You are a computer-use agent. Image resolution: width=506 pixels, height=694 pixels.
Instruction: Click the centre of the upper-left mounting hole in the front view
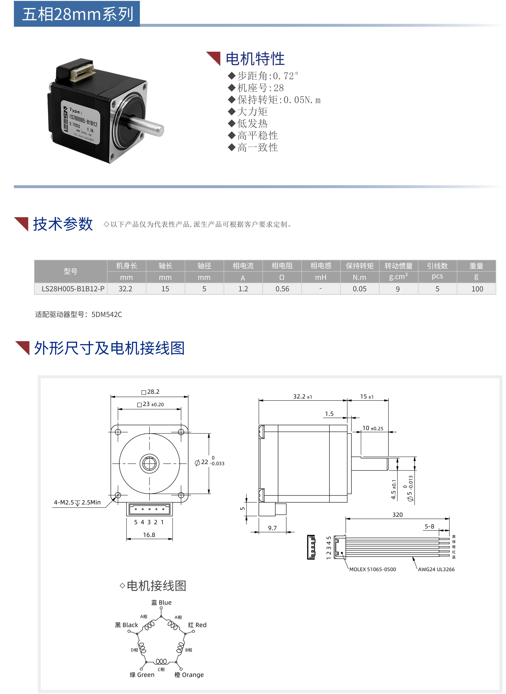click(x=118, y=432)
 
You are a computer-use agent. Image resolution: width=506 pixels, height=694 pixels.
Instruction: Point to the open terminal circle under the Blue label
click(x=161, y=608)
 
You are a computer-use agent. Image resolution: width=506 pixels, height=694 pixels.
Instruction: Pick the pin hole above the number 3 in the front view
click(x=149, y=509)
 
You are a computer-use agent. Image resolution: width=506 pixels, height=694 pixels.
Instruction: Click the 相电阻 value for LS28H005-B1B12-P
click(x=282, y=289)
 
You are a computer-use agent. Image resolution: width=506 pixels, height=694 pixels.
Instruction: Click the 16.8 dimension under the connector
click(x=149, y=535)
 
